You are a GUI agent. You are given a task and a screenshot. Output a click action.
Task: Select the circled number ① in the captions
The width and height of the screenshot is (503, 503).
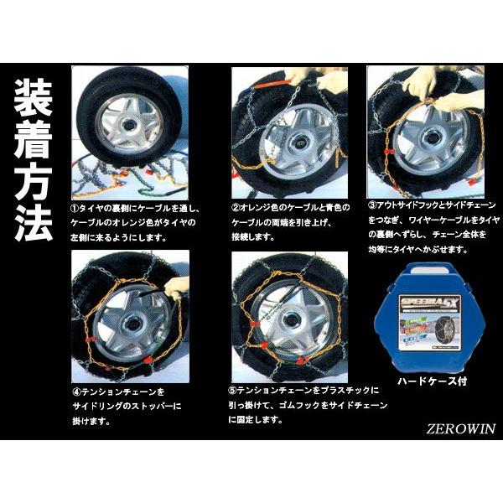(x=77, y=207)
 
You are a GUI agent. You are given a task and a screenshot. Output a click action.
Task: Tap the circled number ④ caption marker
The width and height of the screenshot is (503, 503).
(x=77, y=392)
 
